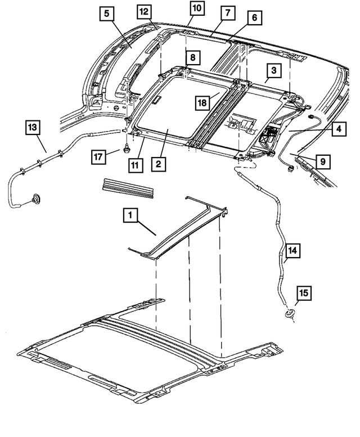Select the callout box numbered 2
(159, 164)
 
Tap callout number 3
(273, 70)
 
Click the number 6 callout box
(254, 18)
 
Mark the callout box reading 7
(227, 12)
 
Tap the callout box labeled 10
(197, 8)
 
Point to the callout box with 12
(144, 11)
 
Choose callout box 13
(33, 128)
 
